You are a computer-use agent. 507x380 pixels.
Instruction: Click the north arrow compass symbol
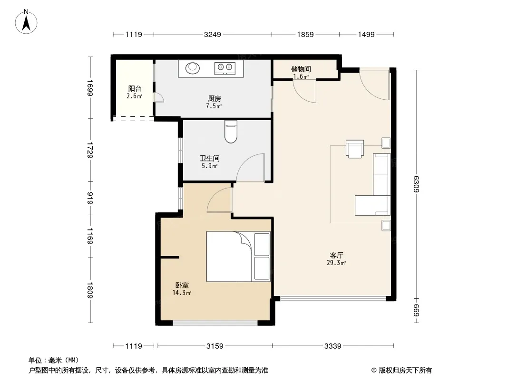point(26,22)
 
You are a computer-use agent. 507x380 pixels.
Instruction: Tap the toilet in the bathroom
point(231,132)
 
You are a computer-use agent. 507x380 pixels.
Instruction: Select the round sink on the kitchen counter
point(193,68)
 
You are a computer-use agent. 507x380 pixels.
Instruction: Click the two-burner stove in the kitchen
point(224,68)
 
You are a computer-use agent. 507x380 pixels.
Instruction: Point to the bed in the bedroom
point(238,256)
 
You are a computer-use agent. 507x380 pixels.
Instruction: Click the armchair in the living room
point(355,149)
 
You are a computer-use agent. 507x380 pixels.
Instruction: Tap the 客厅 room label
point(336,255)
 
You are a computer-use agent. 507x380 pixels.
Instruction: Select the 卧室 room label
point(182,285)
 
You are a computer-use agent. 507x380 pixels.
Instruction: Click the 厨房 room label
point(214,98)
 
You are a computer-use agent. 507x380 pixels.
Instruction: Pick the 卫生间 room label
point(210,158)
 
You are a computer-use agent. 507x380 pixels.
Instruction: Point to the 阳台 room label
point(135,88)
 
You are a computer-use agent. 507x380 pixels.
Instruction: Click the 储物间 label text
point(301,69)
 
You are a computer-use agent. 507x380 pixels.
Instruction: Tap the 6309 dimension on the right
point(417,184)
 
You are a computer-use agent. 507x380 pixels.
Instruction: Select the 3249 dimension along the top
point(213,34)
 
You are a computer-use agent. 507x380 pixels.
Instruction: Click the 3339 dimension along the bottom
point(333,346)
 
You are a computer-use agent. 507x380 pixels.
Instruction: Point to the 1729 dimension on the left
point(90,150)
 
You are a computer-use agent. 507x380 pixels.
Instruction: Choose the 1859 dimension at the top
point(305,34)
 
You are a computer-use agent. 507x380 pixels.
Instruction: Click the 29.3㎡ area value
point(336,263)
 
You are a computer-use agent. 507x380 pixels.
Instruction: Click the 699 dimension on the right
point(417,310)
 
